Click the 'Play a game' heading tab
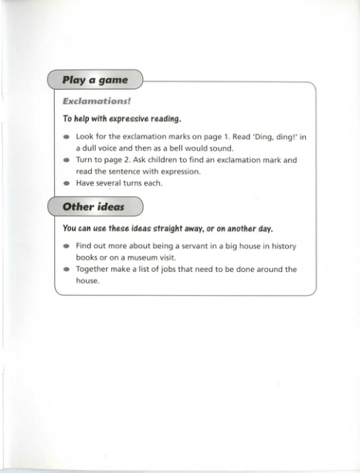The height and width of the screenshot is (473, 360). pos(97,80)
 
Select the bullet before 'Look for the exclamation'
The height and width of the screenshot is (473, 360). pos(66,137)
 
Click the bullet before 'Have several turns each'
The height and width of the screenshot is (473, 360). pos(66,183)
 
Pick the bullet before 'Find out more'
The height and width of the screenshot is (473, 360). pos(66,246)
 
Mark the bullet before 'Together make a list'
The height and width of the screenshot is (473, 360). pos(66,270)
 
